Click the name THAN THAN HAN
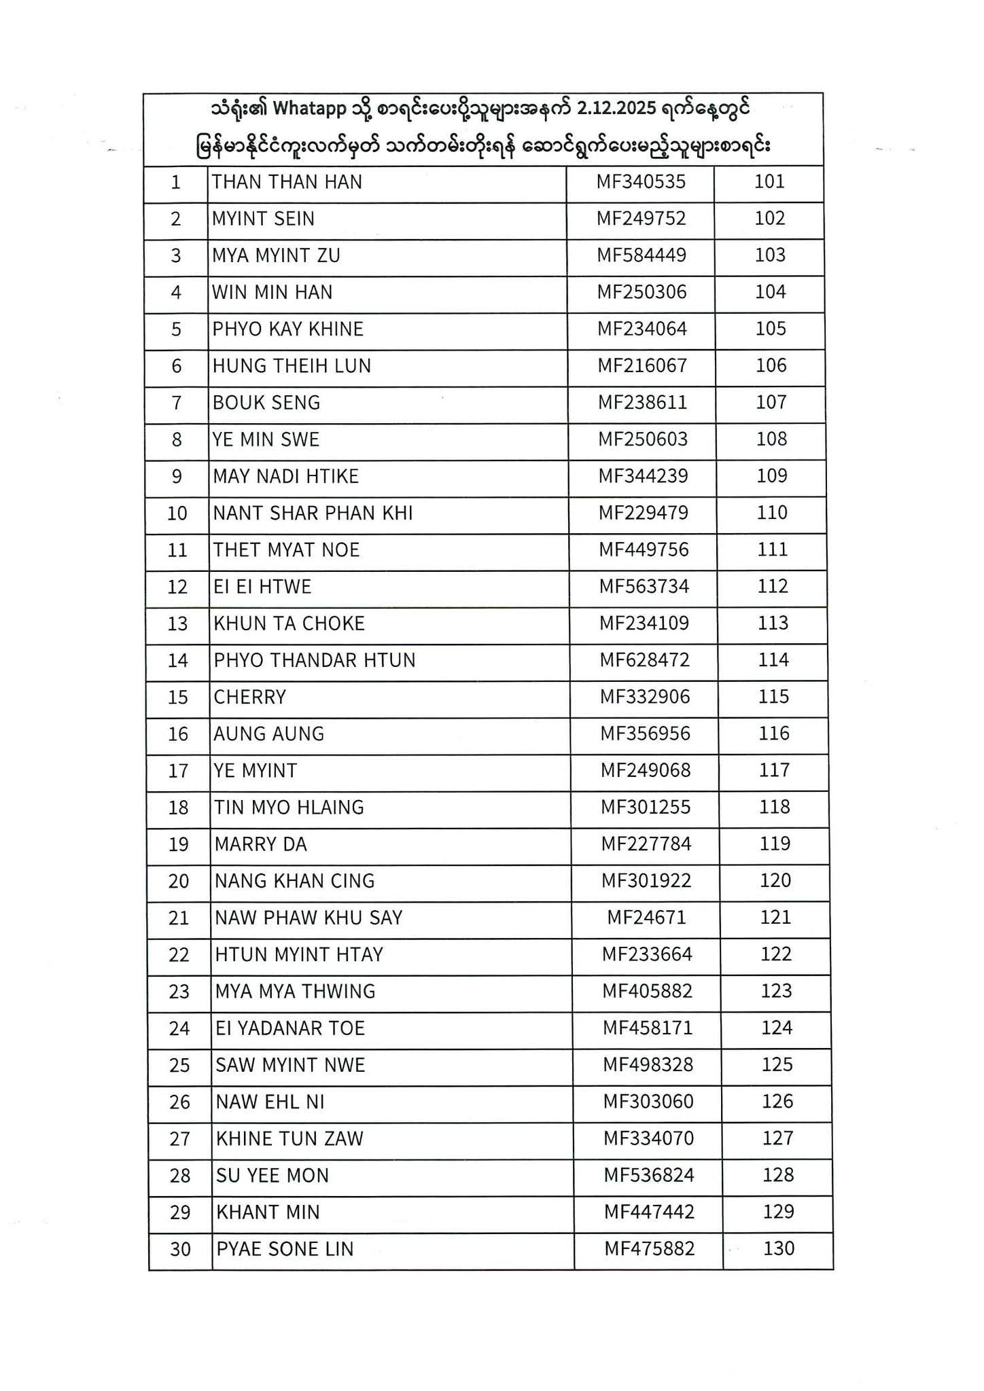pos(287,182)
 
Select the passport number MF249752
pos(642,219)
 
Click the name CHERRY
pos(250,698)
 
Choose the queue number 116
pos(774,734)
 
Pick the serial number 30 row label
pos(180,1249)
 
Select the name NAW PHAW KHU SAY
pos(309,918)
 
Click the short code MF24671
pos(646,918)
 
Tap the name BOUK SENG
pos(266,403)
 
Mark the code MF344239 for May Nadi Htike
pos(643,476)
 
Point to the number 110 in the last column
pos(772,513)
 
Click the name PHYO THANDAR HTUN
pos(315,660)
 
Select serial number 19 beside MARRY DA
pos(178,845)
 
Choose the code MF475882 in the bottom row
pos(650,1249)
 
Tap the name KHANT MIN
pos(268,1212)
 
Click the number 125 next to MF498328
pos(777,1064)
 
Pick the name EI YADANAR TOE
pos(290,1028)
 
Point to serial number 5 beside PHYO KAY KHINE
pos(177,329)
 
